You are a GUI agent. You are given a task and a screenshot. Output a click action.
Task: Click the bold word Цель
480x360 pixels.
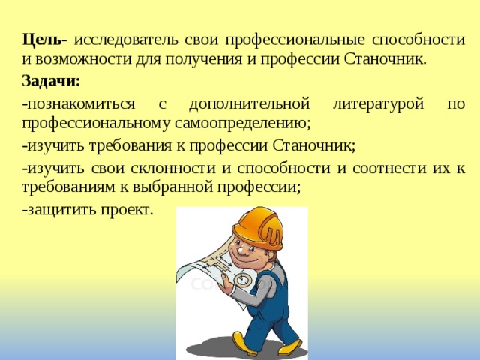pyautogui.click(x=41, y=40)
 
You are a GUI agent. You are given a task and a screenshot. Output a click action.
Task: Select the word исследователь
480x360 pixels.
pyautogui.click(x=126, y=40)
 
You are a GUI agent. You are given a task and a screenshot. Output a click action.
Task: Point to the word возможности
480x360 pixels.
pyautogui.click(x=83, y=58)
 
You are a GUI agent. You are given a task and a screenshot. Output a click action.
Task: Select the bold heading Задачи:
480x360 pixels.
pyautogui.click(x=51, y=82)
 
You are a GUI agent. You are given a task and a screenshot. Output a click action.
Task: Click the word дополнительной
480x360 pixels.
pyautogui.click(x=249, y=104)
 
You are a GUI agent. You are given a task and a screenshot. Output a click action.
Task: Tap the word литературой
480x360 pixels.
pyautogui.click(x=378, y=104)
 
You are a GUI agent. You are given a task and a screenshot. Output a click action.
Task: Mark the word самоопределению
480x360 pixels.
pyautogui.click(x=243, y=124)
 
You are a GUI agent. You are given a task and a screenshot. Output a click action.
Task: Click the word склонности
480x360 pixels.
pyautogui.click(x=173, y=168)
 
